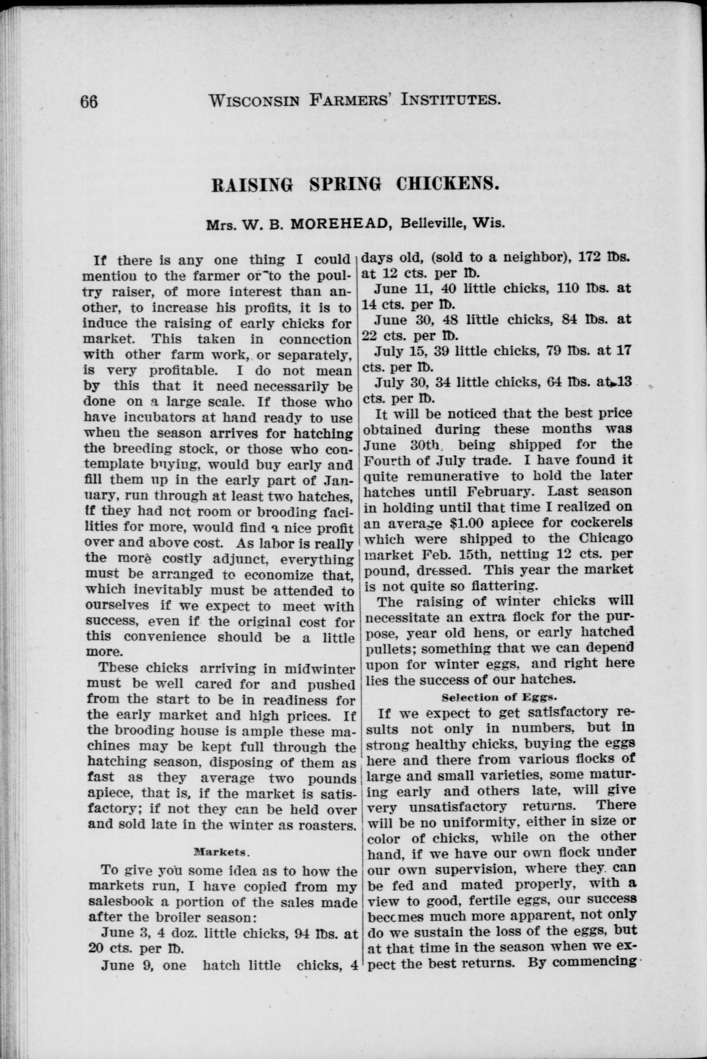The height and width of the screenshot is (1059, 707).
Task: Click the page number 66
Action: point(89,102)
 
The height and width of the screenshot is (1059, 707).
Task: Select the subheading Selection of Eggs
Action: point(500,697)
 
